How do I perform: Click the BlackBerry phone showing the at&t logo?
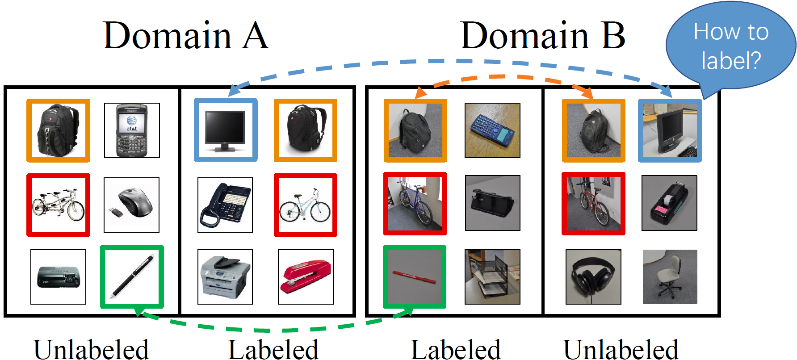132,130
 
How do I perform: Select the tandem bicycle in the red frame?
58,205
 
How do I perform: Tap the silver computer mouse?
131,205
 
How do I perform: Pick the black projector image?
58,277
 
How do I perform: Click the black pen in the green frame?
132,277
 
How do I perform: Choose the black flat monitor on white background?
226,130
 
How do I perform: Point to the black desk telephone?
225,205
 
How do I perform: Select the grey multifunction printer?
225,277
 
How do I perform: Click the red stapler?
306,277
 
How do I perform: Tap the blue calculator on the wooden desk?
492,130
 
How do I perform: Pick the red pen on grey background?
415,277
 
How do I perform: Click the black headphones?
593,277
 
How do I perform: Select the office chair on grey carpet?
670,277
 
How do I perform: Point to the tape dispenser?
669,203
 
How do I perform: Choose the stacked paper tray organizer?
492,277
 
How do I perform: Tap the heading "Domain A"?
186,35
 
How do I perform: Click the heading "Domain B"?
542,35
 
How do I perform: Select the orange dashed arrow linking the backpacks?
505,76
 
